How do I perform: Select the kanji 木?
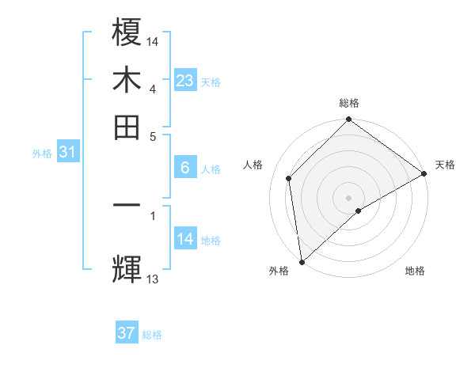tap(127, 81)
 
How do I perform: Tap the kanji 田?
tap(127, 127)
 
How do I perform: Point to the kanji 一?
tap(127, 205)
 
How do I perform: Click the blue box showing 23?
tap(185, 81)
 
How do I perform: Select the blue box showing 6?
tap(185, 168)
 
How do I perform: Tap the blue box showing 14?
tap(185, 239)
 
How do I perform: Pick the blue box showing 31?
tap(67, 153)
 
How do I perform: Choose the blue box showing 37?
tap(127, 333)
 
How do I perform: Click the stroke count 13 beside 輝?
tap(153, 279)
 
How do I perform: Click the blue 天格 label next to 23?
tap(211, 82)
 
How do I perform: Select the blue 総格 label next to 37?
tap(152, 335)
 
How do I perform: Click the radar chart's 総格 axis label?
tap(349, 103)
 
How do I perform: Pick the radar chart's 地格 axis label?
tap(415, 271)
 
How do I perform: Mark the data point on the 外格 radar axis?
tap(302, 262)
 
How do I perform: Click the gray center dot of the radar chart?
tap(349, 197)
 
